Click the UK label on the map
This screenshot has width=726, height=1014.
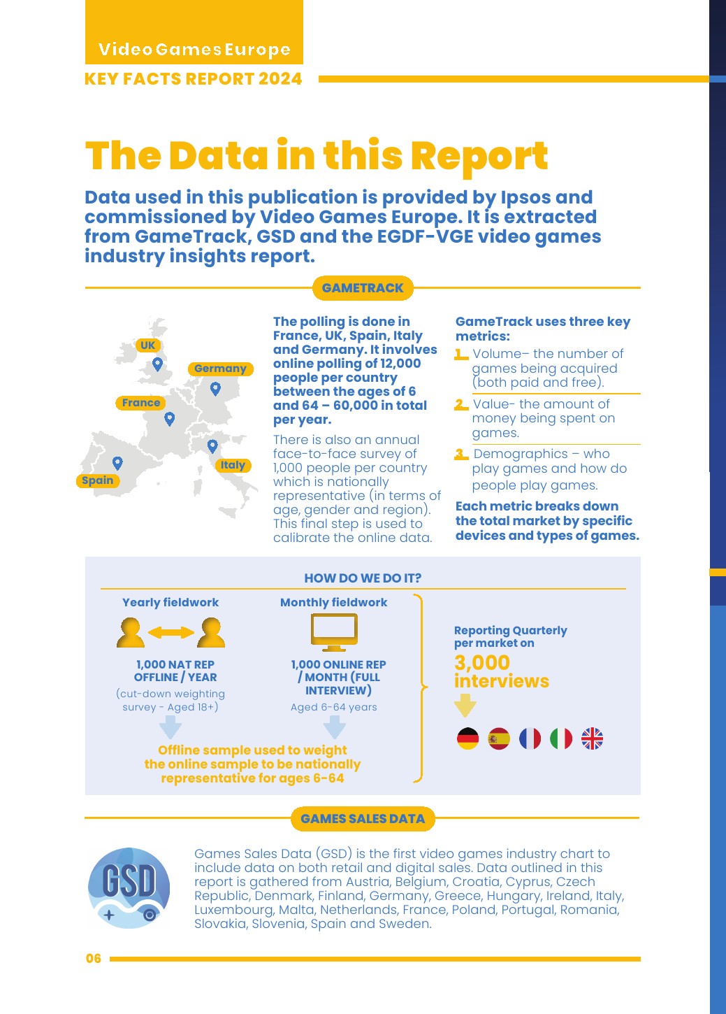(147, 345)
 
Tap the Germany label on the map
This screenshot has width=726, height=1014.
(220, 369)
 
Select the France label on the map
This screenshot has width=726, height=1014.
(141, 403)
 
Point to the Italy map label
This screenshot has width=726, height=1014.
(233, 465)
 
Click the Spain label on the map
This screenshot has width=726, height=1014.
(98, 480)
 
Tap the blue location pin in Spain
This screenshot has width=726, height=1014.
(117, 462)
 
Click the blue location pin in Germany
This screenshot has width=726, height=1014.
(215, 388)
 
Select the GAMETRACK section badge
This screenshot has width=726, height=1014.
(363, 288)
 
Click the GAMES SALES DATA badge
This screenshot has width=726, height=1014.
(363, 819)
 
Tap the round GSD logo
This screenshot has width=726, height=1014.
(129, 887)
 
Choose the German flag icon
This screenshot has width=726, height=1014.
(467, 738)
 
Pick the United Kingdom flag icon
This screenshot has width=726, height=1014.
(592, 738)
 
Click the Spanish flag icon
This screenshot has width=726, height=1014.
(499, 738)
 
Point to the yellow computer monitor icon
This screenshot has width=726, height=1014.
(334, 632)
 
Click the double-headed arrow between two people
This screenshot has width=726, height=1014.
(171, 632)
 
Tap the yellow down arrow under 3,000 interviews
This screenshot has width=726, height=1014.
(465, 705)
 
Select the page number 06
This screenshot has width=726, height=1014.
(94, 959)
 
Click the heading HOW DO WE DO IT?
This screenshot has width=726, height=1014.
(363, 578)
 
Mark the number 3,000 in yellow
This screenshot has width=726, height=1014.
(482, 662)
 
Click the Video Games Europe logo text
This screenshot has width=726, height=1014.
(194, 50)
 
